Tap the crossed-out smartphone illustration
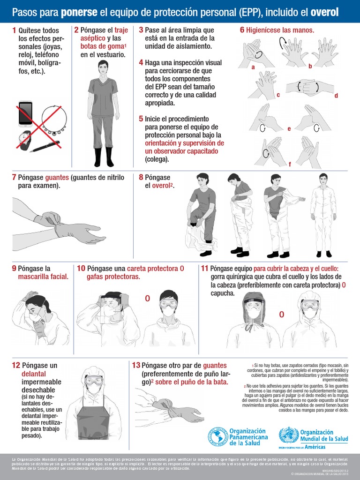pyautogui.click(x=25, y=113)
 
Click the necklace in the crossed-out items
pyautogui.click(x=54, y=119)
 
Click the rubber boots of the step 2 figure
pyautogui.click(x=103, y=157)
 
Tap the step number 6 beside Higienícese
pyautogui.click(x=242, y=30)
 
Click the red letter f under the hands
pyautogui.click(x=290, y=164)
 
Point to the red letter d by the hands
pyautogui.click(x=336, y=96)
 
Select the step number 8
pyautogui.click(x=141, y=178)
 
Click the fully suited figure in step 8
pyautogui.click(x=323, y=216)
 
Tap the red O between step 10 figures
pyautogui.click(x=147, y=299)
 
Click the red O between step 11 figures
pyautogui.click(x=282, y=315)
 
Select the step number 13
pyautogui.click(x=136, y=365)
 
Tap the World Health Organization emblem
pyautogui.click(x=288, y=436)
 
